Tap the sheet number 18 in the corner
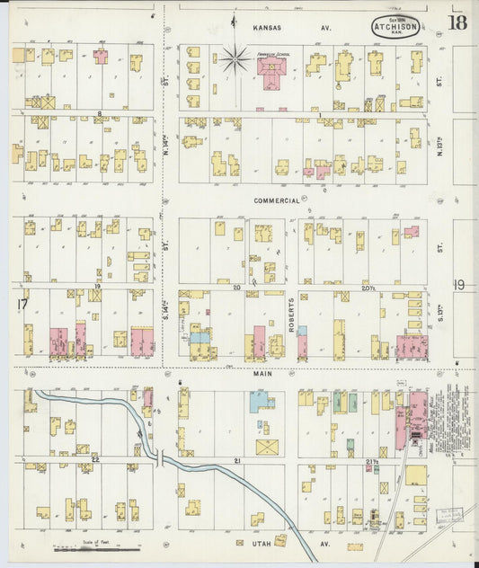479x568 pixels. [x=457, y=22]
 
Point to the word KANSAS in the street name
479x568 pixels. [x=268, y=28]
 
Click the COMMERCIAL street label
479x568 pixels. [x=276, y=200]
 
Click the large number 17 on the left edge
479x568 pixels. [x=22, y=306]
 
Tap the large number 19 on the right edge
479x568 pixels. [x=457, y=285]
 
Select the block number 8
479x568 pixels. [x=100, y=113]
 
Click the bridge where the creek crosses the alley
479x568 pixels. [x=159, y=458]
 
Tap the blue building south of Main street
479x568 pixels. [x=262, y=402]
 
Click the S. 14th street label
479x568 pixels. [x=166, y=310]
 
